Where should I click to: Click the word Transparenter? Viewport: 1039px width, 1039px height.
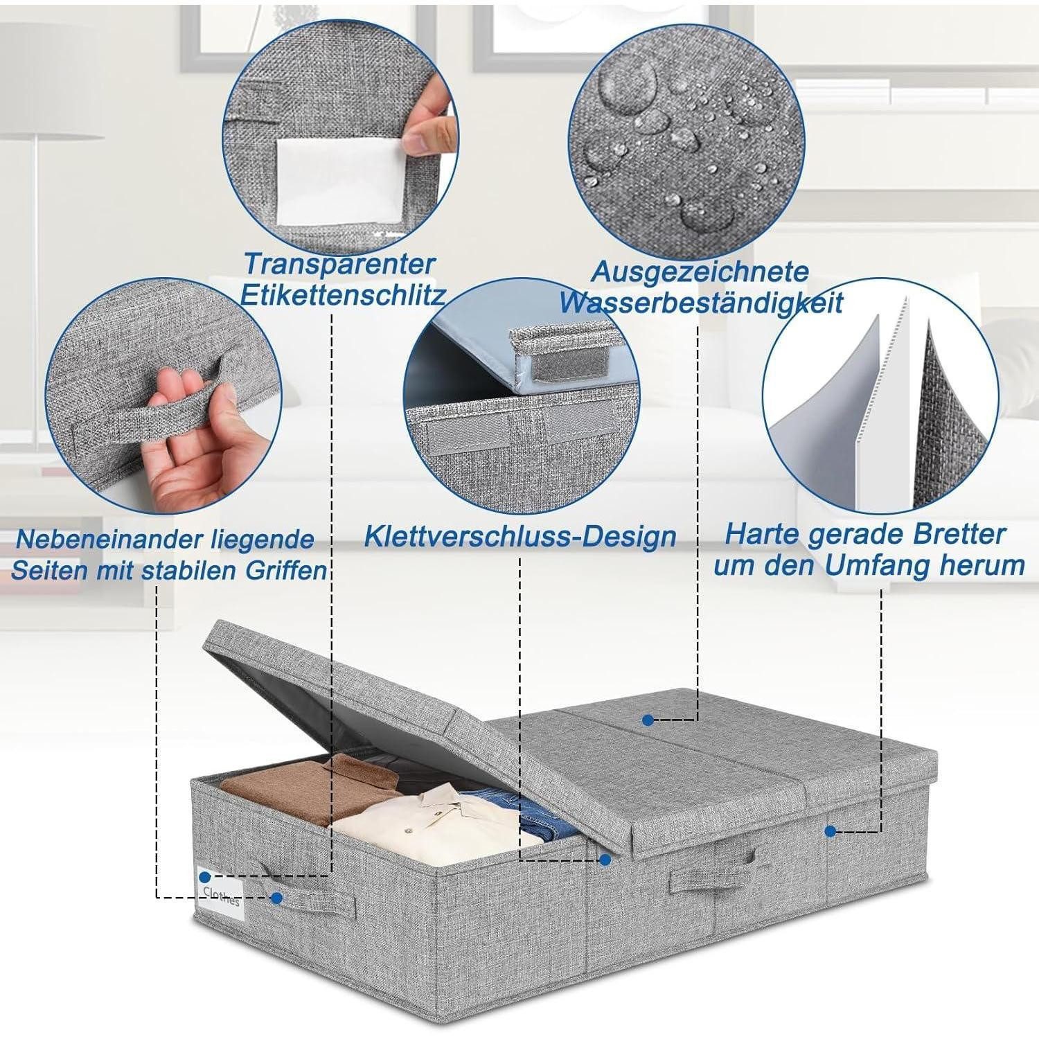coord(339,265)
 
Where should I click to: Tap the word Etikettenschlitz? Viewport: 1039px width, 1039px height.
coord(341,296)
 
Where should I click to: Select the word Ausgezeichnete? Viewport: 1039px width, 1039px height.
coord(700,272)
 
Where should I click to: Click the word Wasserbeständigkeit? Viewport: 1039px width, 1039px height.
coord(701,303)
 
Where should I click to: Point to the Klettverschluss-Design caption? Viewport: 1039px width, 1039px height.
coord(520,536)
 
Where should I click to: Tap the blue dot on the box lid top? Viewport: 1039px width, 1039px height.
coord(647,720)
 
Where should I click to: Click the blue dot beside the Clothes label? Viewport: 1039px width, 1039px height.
coord(277,898)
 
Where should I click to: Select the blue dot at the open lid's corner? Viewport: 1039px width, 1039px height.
coord(605,860)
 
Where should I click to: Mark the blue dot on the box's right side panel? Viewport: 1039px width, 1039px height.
coord(830,829)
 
